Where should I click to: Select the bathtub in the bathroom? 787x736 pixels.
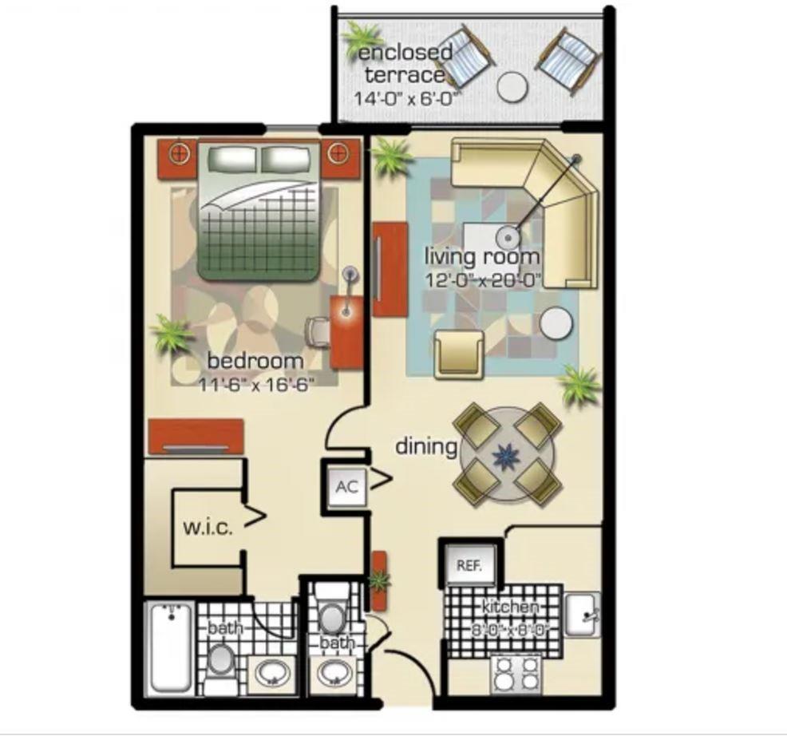170,647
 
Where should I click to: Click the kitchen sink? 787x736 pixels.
582,615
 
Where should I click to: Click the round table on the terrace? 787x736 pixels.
513,86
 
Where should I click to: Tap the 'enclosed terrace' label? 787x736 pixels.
405,64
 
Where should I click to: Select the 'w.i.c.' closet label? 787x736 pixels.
208,528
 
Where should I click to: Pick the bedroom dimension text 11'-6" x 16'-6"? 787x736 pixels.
255,382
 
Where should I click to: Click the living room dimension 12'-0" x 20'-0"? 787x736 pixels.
483,279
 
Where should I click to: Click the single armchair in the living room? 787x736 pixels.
459,353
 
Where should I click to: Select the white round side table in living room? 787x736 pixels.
556,323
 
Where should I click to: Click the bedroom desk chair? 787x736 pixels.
318,330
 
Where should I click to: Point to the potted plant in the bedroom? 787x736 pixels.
172,333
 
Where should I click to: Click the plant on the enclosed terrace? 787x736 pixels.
363,38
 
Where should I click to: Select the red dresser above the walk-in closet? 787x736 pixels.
196,435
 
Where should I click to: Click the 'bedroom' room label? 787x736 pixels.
255,361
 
